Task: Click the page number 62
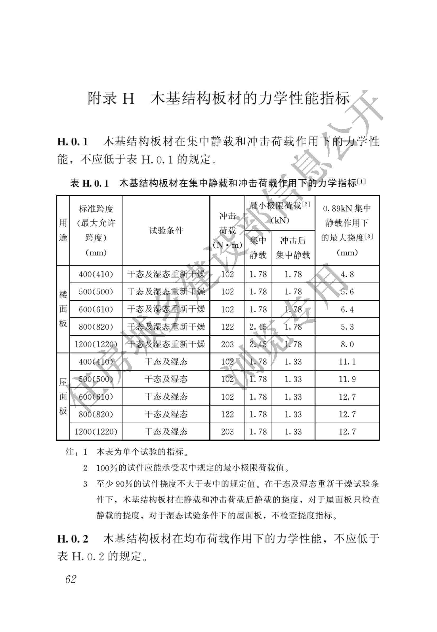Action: click(x=71, y=579)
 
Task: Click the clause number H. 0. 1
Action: click(x=73, y=142)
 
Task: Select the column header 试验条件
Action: click(x=166, y=231)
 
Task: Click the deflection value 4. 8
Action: click(x=347, y=274)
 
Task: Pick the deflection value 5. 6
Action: click(x=347, y=292)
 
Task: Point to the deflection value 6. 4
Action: click(x=347, y=309)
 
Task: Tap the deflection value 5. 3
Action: click(x=347, y=327)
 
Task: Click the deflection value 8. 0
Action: click(x=347, y=344)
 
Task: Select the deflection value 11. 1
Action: click(x=347, y=362)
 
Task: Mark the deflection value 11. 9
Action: click(x=347, y=379)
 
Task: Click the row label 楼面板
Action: click(x=63, y=309)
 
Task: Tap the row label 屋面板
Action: click(x=63, y=396)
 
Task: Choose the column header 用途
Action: click(x=63, y=230)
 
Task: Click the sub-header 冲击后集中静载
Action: click(x=293, y=248)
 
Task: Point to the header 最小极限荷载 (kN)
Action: click(x=280, y=213)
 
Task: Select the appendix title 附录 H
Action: click(x=111, y=98)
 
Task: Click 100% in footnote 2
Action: click(x=107, y=468)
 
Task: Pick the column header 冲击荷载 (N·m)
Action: click(x=227, y=231)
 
